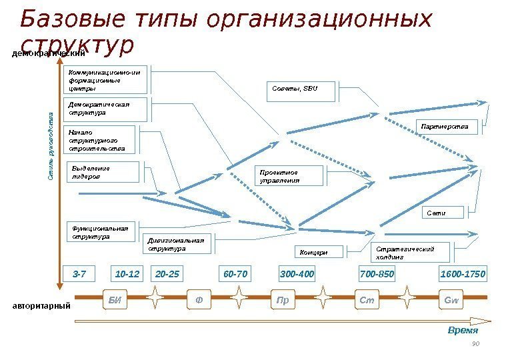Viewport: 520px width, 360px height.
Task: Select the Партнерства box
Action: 447,126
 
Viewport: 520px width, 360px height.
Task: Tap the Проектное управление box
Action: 291,176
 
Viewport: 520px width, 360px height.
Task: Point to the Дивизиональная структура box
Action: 177,244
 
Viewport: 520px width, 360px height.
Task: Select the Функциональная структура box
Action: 103,233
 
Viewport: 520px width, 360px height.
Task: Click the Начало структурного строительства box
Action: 99,140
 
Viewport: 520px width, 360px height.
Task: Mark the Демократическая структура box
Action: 107,109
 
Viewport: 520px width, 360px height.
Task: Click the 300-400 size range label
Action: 297,274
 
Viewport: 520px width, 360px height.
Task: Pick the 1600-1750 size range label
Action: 463,274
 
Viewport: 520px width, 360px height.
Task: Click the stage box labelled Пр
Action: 283,299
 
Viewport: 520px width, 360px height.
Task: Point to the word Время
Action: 463,330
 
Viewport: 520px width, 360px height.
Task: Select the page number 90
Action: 475,344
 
